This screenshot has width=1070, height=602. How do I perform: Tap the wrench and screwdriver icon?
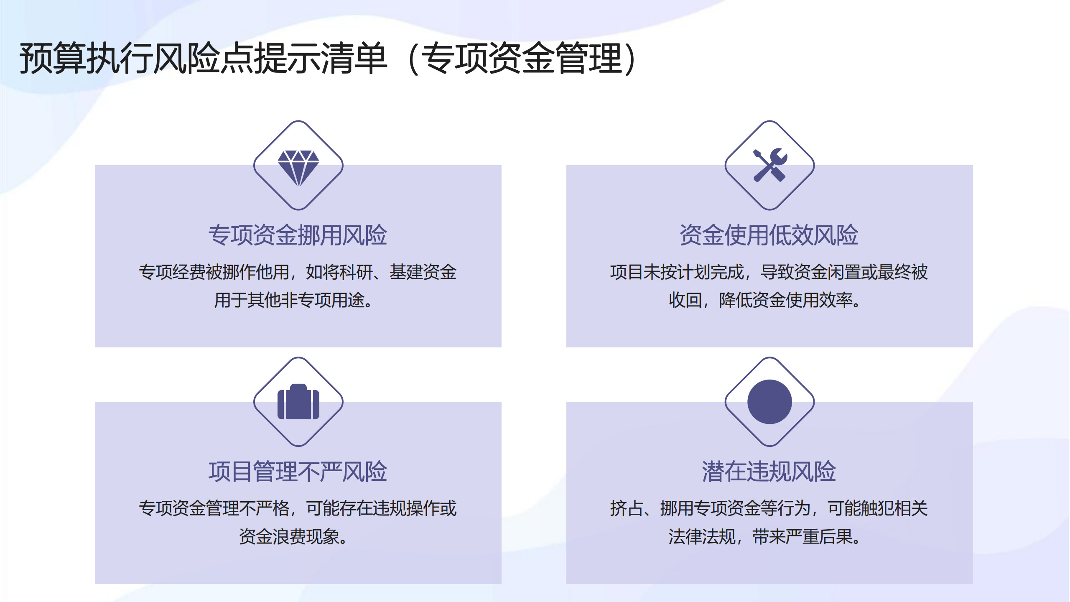pos(770,165)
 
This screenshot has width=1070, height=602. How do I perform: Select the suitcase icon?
pos(298,402)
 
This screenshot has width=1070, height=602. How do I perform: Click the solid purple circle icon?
pos(769,402)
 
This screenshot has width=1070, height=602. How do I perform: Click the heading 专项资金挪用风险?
pos(298,235)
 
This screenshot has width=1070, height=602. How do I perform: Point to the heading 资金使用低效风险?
pos(769,235)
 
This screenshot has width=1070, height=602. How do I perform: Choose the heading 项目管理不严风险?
pos(298,472)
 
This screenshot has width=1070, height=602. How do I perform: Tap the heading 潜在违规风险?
pos(769,472)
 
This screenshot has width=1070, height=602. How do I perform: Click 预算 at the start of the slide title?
pos(53,59)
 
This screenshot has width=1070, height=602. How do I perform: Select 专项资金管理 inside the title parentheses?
pos(522,59)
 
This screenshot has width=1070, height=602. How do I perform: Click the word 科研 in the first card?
pos(356,272)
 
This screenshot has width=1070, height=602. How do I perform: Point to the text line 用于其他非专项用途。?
pos(293,300)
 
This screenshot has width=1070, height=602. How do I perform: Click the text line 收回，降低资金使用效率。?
pos(765,300)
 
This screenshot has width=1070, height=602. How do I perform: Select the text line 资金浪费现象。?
pos(293,537)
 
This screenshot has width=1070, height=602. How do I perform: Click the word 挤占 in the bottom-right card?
pos(627,508)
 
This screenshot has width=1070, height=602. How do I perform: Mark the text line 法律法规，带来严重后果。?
pos(765,537)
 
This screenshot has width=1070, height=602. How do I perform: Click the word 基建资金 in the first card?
pos(423,272)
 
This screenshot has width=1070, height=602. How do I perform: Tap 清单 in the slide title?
pos(354,59)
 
